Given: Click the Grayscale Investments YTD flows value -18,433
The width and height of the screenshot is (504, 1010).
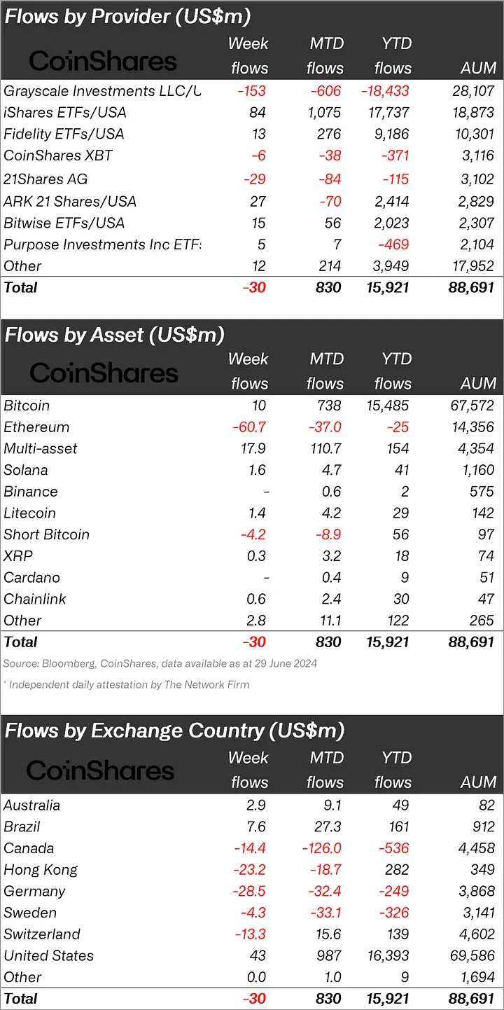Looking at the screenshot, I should coord(385,91).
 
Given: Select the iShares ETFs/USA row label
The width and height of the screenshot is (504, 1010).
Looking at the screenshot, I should coord(65,113).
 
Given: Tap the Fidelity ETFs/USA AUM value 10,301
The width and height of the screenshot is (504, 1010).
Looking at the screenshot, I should coord(473,134).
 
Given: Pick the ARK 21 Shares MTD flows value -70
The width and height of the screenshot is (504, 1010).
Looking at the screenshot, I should coord(328,202).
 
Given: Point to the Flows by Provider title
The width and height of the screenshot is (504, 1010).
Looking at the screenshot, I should coord(127,17).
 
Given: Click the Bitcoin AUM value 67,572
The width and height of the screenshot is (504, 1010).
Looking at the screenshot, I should coord(473,406).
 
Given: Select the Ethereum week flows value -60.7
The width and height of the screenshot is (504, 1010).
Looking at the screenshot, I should coord(250,427).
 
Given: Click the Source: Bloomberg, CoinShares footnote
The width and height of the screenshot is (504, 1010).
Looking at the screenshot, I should coord(160,663).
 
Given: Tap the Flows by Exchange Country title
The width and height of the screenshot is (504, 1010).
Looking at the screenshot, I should coord(175,731).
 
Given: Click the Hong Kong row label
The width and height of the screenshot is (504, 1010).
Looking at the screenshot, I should coord(41,871).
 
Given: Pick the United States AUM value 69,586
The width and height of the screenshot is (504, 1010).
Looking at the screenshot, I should coord(473,956).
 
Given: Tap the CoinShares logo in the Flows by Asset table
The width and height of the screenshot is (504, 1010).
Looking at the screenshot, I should coord(104,373).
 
